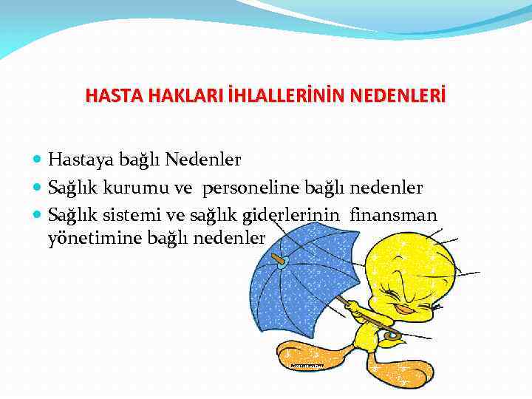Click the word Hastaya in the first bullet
click(77, 160)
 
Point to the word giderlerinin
click(299, 216)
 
